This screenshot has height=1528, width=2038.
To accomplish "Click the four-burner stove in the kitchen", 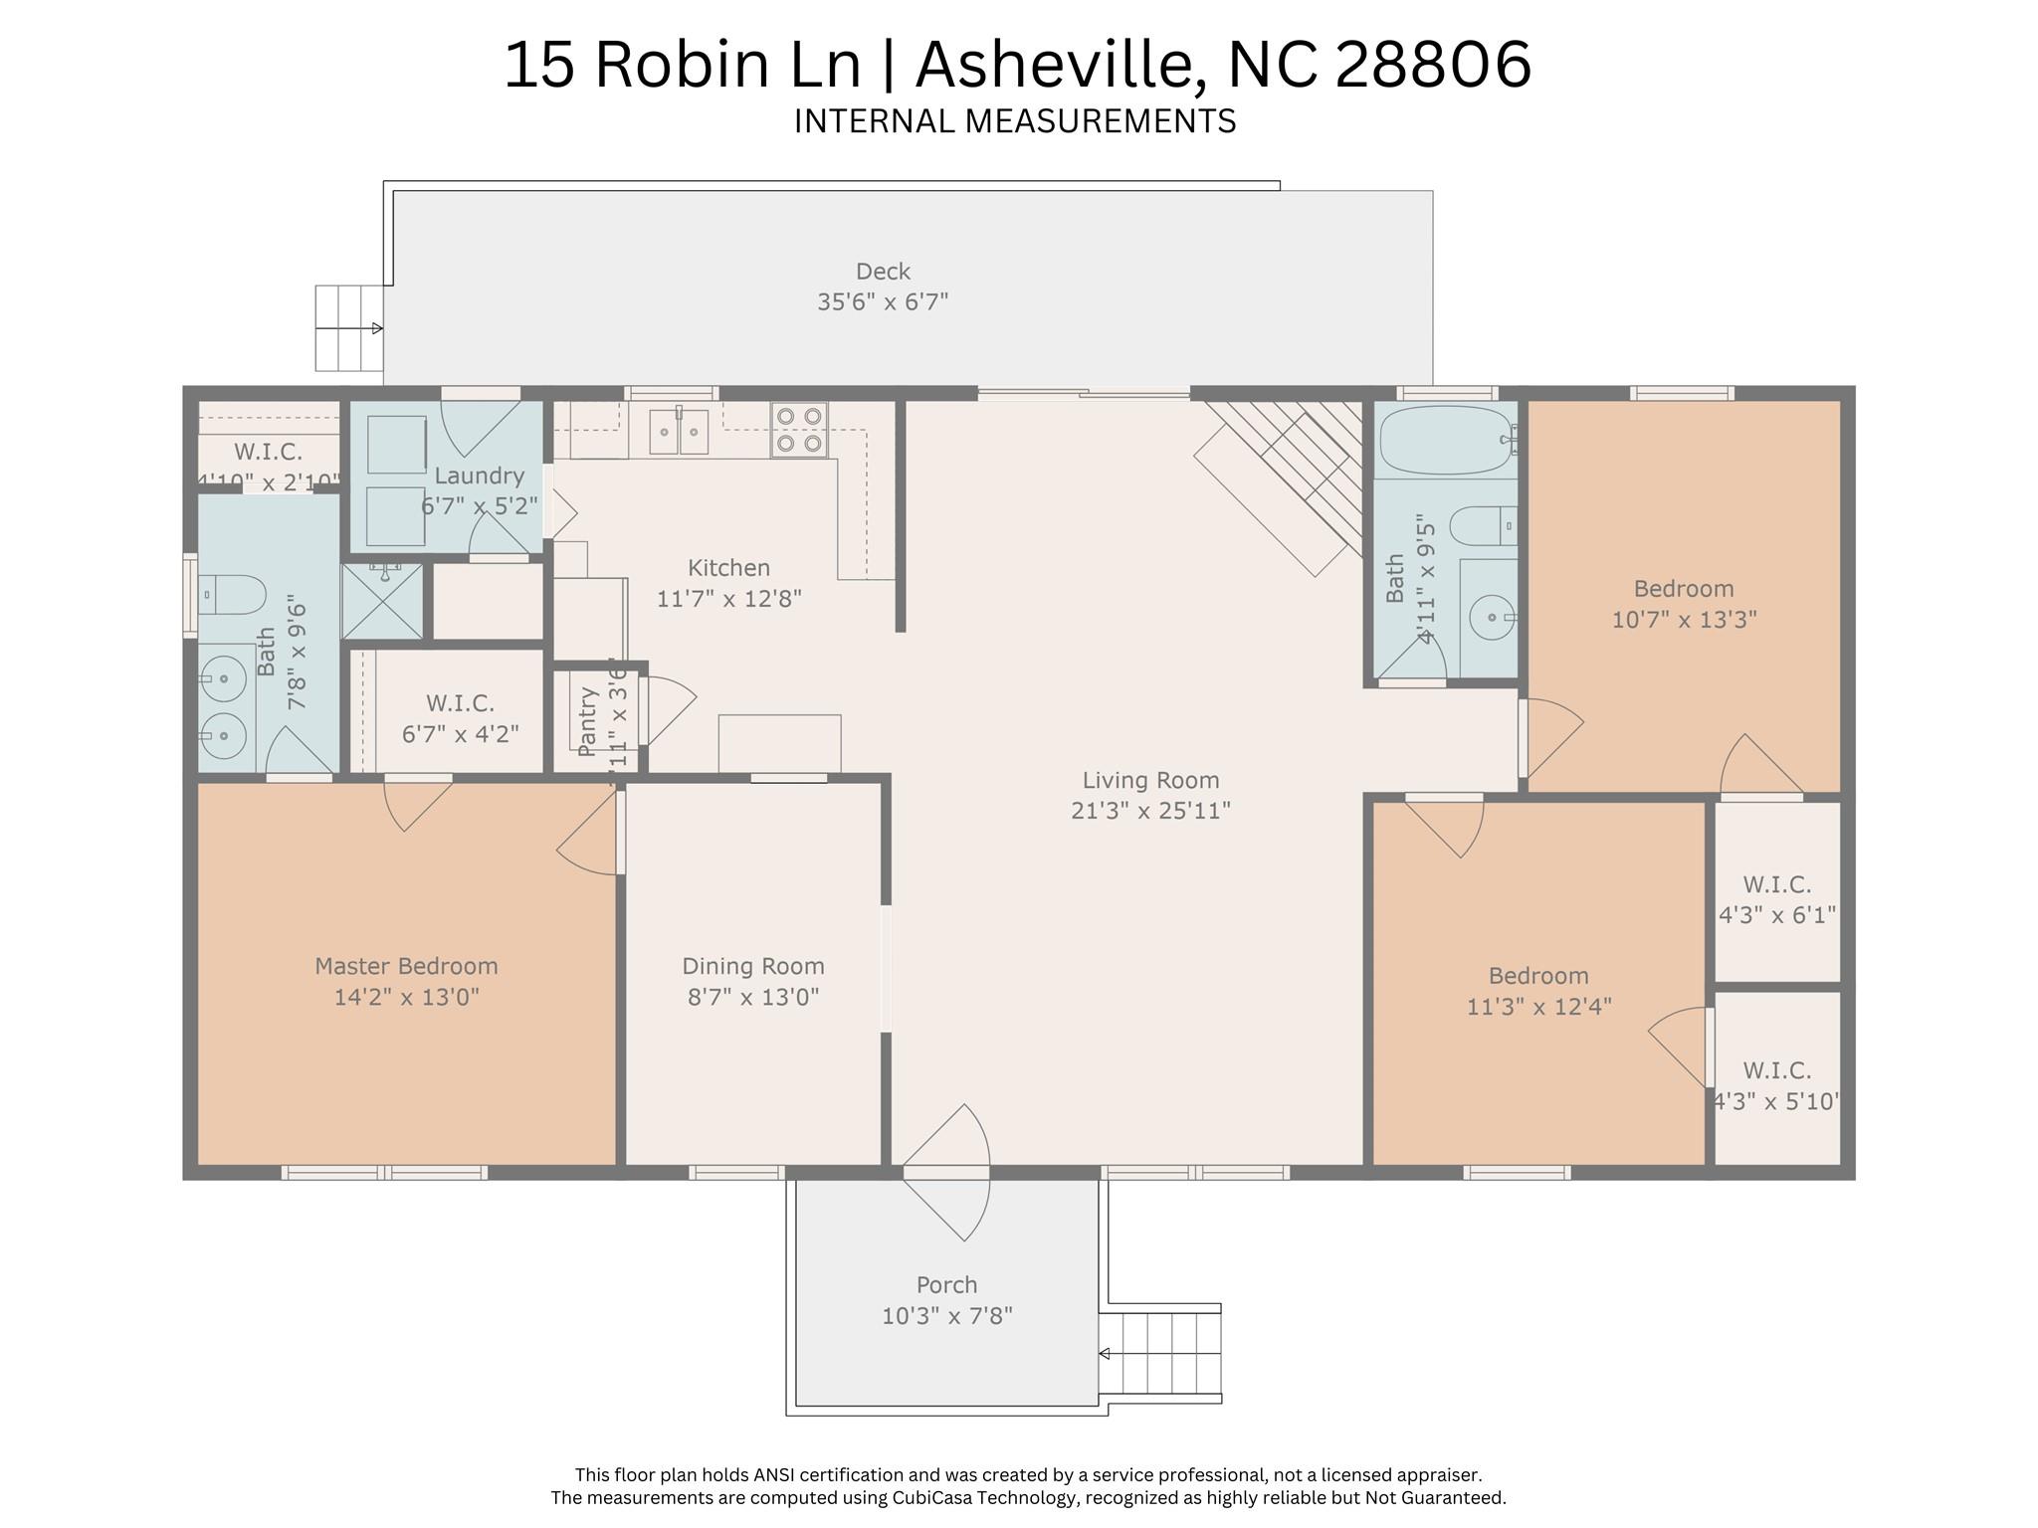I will click(x=799, y=430).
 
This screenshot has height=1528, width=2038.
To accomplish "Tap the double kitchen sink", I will click(x=679, y=431).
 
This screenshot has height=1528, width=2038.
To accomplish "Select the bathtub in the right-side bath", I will click(x=1445, y=440).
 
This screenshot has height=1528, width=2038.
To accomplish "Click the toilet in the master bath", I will click(x=233, y=595).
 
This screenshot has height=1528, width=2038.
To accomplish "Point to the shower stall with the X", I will click(x=382, y=602).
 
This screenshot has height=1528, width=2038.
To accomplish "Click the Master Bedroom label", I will click(x=406, y=966).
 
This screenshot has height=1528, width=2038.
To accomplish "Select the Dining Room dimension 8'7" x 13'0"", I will click(x=753, y=997).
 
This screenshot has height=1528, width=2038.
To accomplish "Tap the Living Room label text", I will click(x=1150, y=781).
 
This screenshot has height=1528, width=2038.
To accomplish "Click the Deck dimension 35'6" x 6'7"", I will click(x=883, y=301).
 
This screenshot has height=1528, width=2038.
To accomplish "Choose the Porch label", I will click(x=946, y=1285).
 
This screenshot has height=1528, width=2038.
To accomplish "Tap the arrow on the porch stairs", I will click(x=1105, y=1354).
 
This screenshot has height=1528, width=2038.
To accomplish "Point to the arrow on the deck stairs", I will click(x=376, y=328).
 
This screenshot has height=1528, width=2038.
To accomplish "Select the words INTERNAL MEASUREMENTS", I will click(x=1015, y=121).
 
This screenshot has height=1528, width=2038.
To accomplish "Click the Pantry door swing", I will click(x=669, y=708).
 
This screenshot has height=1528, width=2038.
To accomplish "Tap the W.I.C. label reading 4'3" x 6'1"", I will click(x=1777, y=914).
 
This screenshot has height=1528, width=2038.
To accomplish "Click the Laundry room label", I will click(x=479, y=476).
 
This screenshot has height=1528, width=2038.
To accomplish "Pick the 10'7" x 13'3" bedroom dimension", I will click(x=1684, y=620).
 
